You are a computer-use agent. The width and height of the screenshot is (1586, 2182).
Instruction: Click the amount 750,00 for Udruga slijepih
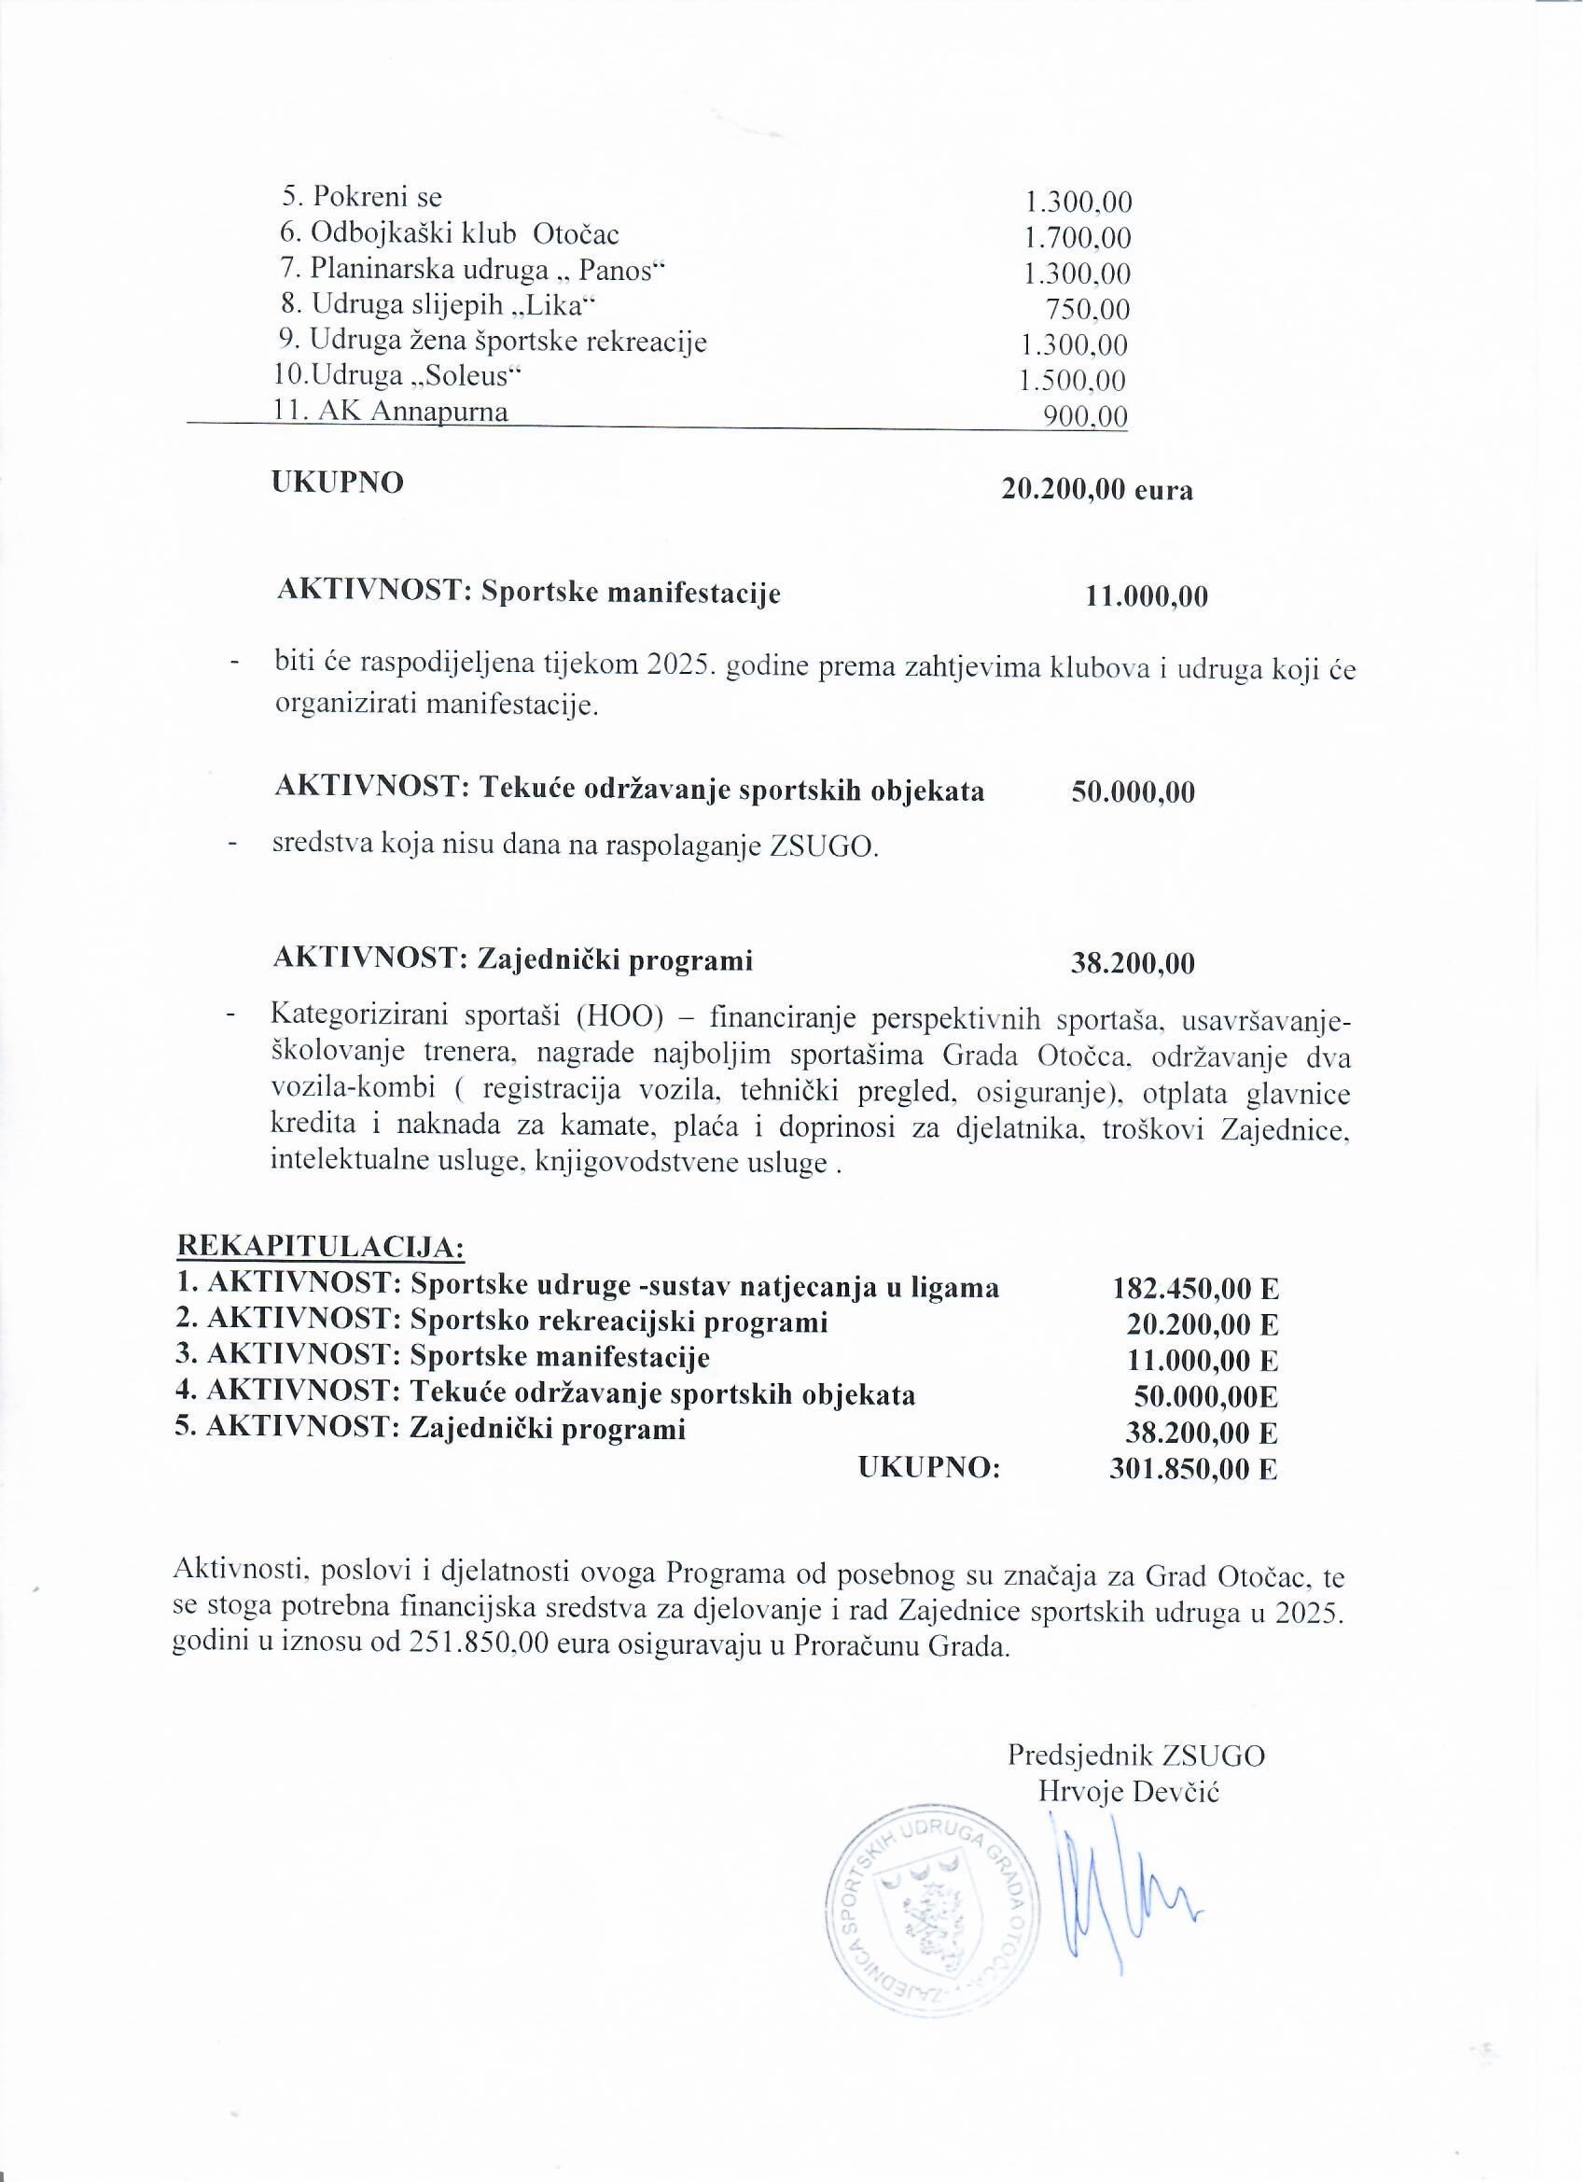click(x=1087, y=310)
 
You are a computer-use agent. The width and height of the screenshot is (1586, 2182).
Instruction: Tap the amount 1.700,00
click(x=1078, y=238)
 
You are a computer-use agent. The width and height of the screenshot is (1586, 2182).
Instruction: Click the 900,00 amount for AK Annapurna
click(x=1086, y=416)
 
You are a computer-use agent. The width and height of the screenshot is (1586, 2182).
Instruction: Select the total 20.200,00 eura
click(x=1097, y=490)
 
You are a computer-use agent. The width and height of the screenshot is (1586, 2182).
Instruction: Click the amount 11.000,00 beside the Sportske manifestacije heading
click(x=1147, y=596)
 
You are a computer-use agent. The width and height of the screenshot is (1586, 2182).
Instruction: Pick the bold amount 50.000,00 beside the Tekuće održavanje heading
click(x=1133, y=792)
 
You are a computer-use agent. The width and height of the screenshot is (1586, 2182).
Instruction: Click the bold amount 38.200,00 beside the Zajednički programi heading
click(x=1133, y=963)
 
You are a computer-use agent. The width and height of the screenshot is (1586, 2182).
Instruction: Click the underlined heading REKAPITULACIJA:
click(x=320, y=1248)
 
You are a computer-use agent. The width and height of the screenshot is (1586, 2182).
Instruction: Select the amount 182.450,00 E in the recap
click(x=1195, y=1289)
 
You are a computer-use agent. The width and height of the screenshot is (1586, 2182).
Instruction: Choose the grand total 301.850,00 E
click(x=1192, y=1469)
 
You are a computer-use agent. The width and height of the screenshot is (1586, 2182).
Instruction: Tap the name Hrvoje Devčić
click(x=1128, y=1792)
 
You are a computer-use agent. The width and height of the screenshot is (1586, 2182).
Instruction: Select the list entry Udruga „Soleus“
click(x=390, y=376)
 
